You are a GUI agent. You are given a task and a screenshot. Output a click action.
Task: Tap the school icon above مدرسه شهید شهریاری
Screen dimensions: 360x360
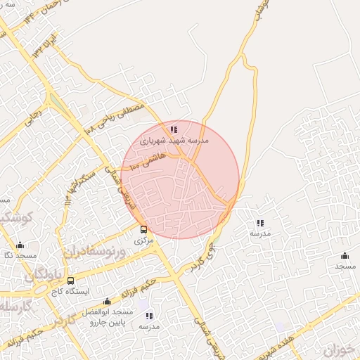174,129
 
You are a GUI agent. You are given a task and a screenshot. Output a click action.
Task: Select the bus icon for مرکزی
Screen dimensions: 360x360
144,229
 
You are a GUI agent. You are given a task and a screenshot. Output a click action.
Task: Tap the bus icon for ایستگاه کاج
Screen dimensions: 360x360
70,281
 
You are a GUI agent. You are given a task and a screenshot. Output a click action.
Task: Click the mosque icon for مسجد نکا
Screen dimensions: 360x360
19,245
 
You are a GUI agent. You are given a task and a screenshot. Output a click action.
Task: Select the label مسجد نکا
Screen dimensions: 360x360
19,256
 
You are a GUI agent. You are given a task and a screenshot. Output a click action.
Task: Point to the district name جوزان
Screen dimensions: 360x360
341,349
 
